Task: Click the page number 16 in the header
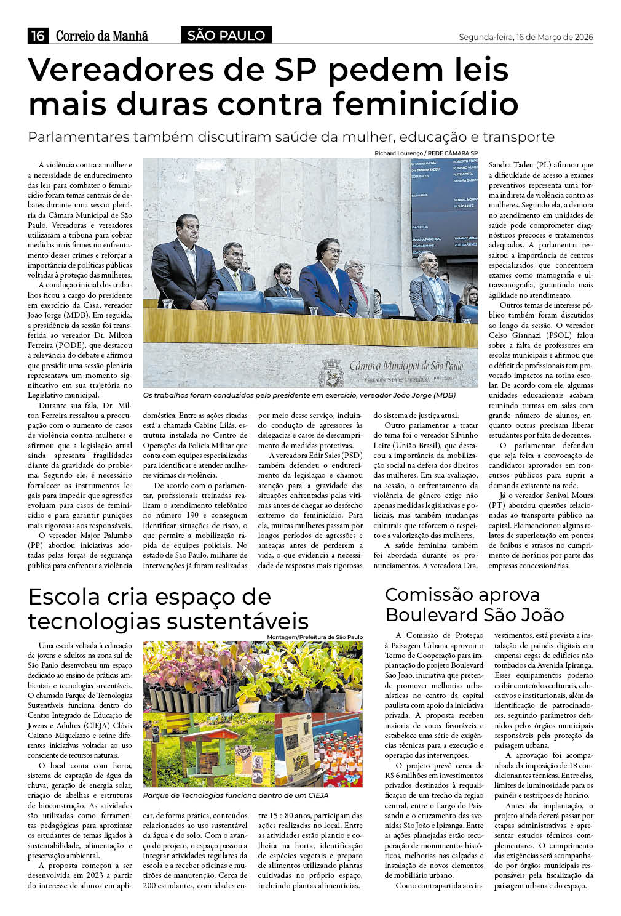[x=38, y=36]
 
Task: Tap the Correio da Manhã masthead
[x=101, y=36]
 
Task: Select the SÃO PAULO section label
[x=226, y=36]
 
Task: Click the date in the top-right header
[x=526, y=37]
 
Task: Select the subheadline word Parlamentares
[x=79, y=137]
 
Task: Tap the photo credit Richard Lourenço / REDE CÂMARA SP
[x=425, y=153]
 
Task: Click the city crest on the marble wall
[x=332, y=372]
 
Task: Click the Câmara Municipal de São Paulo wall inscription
[x=406, y=366]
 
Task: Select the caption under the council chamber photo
[x=299, y=395]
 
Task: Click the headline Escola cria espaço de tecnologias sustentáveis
[x=167, y=608]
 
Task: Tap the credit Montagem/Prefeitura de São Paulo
[x=315, y=637]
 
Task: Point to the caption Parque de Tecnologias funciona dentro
[x=235, y=795]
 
